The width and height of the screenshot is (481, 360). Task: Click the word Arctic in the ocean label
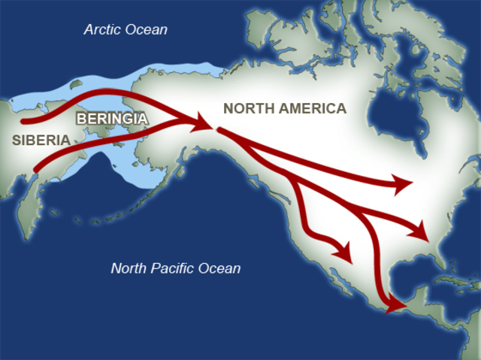tap(103, 30)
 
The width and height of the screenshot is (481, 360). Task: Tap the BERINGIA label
tap(112, 118)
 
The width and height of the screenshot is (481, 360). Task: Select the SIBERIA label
tap(41, 140)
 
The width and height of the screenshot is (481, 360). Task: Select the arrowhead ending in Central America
tap(395, 304)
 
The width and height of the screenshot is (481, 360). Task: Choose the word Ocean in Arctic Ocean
tap(147, 30)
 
